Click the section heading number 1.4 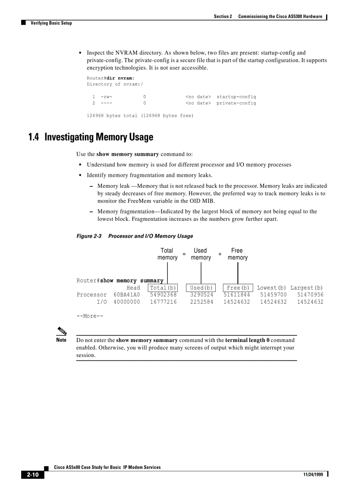click(x=34, y=137)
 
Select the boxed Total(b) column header click(x=163, y=288)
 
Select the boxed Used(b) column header click(x=201, y=288)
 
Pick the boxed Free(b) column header click(x=238, y=288)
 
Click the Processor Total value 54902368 click(x=163, y=295)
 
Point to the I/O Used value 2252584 click(x=202, y=302)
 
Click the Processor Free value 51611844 click(x=237, y=295)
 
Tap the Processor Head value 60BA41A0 click(x=127, y=295)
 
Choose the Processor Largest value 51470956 click(x=310, y=295)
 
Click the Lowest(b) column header click(x=271, y=288)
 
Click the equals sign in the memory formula click(x=184, y=254)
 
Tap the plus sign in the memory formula click(x=220, y=254)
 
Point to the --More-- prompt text click(x=90, y=316)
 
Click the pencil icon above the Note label click(x=62, y=331)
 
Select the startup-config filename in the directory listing click(x=236, y=97)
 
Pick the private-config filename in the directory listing click(x=236, y=103)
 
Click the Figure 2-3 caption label click(x=89, y=236)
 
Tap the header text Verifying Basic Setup click(x=51, y=23)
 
